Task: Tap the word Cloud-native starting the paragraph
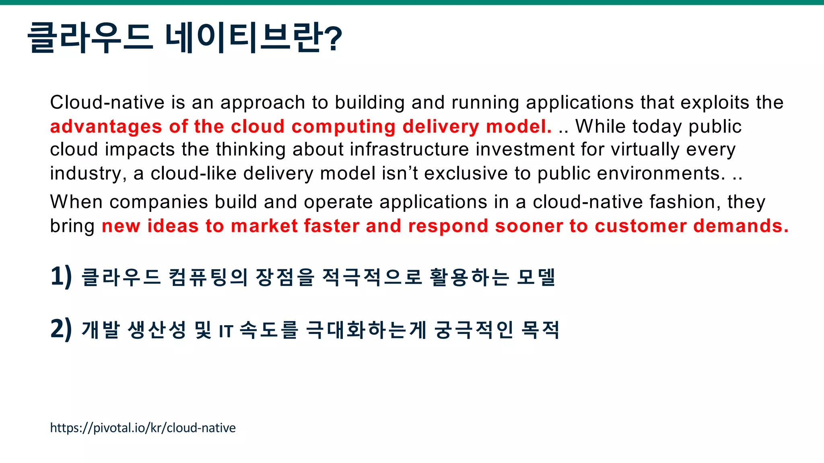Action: point(107,102)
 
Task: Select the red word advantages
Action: point(106,127)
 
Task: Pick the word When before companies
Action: point(76,202)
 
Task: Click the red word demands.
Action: point(741,226)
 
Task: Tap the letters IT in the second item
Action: point(226,332)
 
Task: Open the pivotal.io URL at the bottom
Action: point(143,428)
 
